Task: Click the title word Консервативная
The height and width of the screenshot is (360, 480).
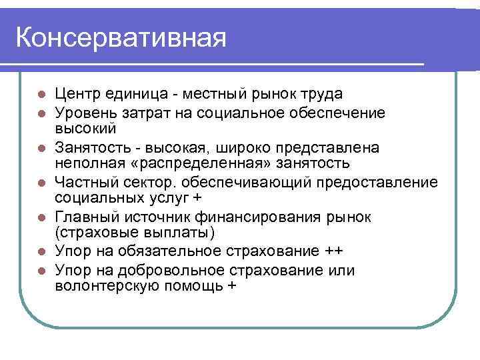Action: (120, 37)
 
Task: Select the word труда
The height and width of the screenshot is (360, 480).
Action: (323, 93)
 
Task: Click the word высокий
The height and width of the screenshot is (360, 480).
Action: (86, 127)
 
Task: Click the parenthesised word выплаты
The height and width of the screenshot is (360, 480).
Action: (190, 233)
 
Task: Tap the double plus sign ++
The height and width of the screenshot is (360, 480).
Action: (335, 251)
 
